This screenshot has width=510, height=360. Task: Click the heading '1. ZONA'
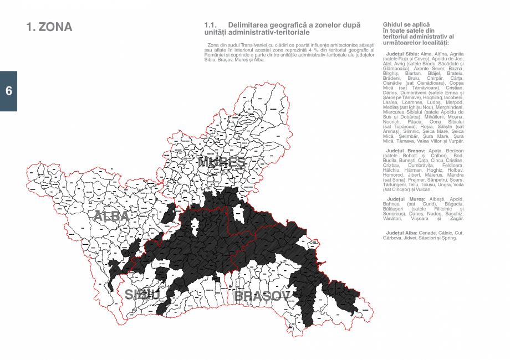pyautogui.click(x=49, y=27)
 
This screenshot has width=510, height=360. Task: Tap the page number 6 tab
pyautogui.click(x=8, y=91)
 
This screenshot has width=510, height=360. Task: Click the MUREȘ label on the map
pyautogui.click(x=221, y=162)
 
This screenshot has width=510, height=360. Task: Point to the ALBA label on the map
pyautogui.click(x=111, y=216)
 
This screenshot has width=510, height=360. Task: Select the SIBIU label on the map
pyautogui.click(x=142, y=294)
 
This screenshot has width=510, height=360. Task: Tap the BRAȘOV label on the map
pyautogui.click(x=262, y=296)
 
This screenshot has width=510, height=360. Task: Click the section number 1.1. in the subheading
pyautogui.click(x=210, y=25)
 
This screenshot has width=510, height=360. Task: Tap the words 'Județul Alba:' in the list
pyautogui.click(x=402, y=233)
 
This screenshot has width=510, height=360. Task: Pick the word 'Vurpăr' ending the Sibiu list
pyautogui.click(x=455, y=142)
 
